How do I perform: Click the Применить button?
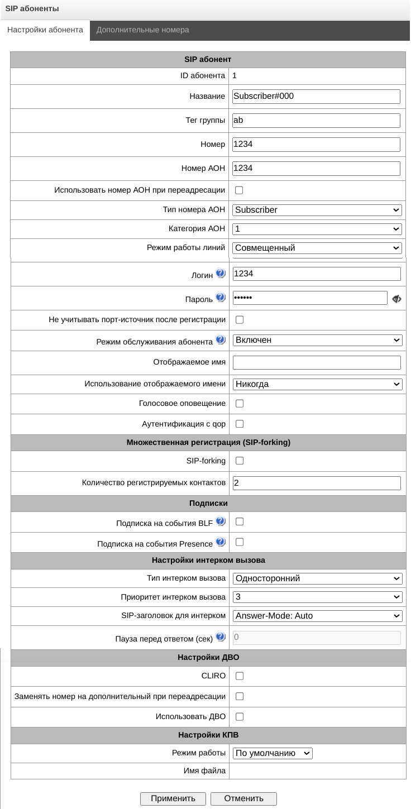(x=173, y=798)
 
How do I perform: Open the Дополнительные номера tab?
(x=142, y=30)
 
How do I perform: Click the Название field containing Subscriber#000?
(x=316, y=97)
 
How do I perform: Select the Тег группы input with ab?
(x=316, y=121)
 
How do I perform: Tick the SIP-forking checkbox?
(x=240, y=461)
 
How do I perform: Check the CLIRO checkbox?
(x=240, y=676)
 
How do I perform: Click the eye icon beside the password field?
(x=397, y=299)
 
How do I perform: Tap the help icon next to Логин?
(x=221, y=273)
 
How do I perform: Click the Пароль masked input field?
(x=309, y=298)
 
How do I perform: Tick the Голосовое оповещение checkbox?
(x=240, y=404)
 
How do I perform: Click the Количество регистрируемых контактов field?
(x=316, y=483)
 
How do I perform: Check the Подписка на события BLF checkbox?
(x=240, y=522)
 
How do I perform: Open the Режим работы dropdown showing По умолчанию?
(x=273, y=753)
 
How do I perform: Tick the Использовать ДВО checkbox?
(x=240, y=717)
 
